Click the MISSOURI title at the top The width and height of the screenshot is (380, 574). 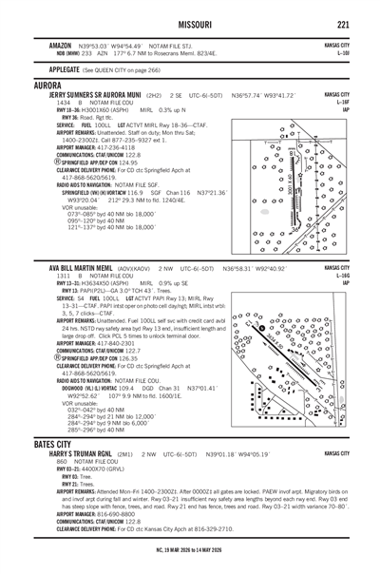click(x=191, y=24)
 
